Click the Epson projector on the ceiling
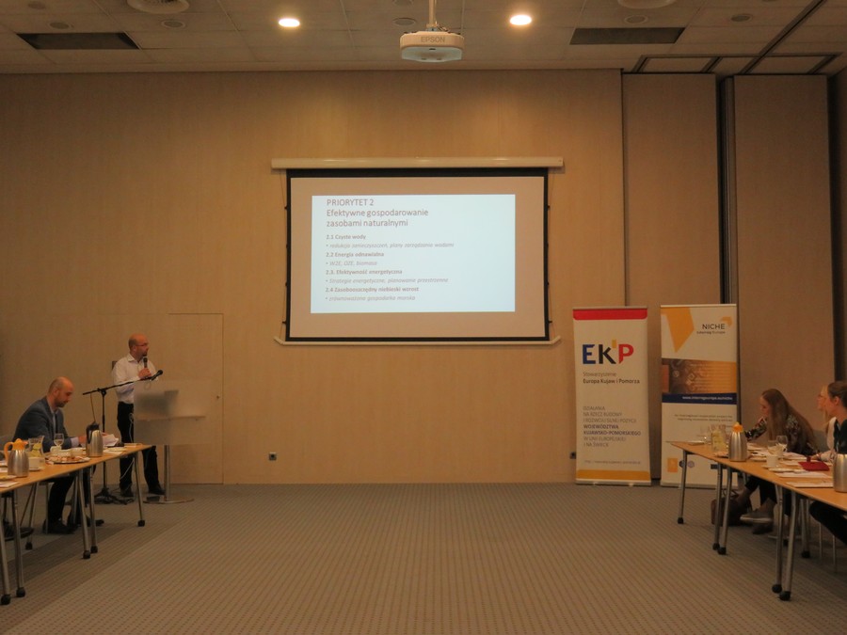(431, 44)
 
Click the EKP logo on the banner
(607, 353)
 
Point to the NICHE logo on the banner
(712, 325)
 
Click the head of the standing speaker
(137, 344)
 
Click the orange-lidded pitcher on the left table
(16, 458)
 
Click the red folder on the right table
(812, 465)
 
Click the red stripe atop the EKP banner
(610, 314)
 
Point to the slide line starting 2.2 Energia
(355, 254)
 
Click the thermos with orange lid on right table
(737, 444)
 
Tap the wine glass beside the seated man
(59, 440)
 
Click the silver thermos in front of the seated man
(95, 442)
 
